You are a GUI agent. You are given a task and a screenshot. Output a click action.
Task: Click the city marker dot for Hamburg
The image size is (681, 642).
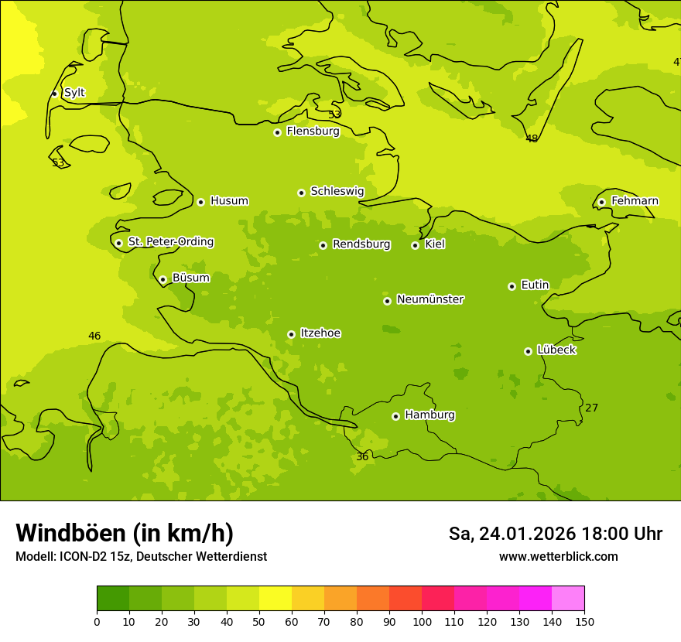click(x=395, y=416)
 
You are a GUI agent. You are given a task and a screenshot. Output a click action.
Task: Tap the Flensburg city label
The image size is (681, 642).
click(x=313, y=131)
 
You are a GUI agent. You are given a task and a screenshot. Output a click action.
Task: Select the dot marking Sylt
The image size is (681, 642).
click(x=54, y=94)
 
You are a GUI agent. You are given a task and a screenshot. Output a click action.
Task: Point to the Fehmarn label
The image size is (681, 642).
click(x=635, y=201)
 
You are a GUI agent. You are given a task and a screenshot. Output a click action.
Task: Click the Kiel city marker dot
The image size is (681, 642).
click(x=415, y=245)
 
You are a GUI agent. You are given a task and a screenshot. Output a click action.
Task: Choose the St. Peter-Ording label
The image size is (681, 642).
click(x=170, y=242)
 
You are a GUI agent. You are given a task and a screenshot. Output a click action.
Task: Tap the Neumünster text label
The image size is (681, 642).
click(x=430, y=299)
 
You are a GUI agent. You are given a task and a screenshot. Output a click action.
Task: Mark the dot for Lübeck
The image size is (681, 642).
click(x=528, y=351)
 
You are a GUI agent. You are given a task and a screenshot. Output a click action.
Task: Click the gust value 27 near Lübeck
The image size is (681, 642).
click(x=591, y=408)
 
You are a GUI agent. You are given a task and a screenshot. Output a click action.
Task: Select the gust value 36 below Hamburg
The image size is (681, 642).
click(x=362, y=457)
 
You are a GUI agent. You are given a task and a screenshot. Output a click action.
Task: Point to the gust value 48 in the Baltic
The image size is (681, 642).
click(x=532, y=138)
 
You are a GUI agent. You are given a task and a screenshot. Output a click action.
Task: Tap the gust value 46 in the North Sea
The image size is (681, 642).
click(x=94, y=336)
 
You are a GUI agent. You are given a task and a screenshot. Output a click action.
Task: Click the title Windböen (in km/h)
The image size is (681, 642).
click(x=125, y=533)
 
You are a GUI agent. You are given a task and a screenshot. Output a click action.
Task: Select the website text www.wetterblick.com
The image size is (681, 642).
click(x=558, y=556)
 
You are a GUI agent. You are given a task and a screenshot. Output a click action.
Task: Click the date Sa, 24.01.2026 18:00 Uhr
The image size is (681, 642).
click(x=555, y=534)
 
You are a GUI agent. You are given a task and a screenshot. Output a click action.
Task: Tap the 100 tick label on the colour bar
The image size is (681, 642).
click(x=422, y=621)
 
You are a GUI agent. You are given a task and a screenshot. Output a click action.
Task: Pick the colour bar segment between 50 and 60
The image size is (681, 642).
click(x=275, y=599)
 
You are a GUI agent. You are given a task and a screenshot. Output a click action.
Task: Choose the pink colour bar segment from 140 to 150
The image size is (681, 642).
click(x=568, y=599)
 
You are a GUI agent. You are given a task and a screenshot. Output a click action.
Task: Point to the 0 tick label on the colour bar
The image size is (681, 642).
click(x=97, y=621)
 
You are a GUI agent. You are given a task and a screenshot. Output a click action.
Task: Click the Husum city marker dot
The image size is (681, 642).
click(x=200, y=202)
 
